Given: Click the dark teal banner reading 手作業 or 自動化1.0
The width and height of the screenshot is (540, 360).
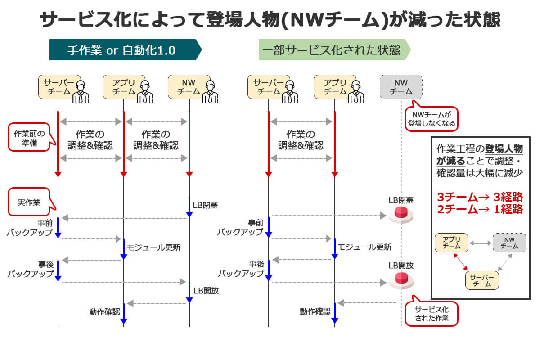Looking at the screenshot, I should pos(121,49).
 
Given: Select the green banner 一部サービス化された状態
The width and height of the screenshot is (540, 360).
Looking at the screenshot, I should pos(331,49).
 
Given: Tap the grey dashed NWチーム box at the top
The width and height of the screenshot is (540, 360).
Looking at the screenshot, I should pos(401,87).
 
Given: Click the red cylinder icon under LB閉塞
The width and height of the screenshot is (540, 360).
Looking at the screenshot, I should pos(401,214).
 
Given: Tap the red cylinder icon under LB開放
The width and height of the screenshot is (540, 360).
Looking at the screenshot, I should pos(401,280).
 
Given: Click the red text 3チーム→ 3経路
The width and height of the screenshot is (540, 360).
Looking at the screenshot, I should pos(480,197).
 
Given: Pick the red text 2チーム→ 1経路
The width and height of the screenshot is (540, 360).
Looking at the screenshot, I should pos(480,209).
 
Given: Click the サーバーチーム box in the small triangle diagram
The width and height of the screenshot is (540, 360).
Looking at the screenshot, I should pos(482,280).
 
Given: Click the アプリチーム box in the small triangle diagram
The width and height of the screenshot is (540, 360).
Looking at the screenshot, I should pos(451,243).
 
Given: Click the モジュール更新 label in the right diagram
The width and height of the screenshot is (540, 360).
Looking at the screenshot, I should pos(364,247).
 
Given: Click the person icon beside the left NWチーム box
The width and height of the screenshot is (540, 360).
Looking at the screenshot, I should pos(210,92).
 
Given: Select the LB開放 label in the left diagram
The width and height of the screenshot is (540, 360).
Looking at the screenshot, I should pos(206,291).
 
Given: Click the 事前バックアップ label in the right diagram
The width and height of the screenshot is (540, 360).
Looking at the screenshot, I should pos(240,228).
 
